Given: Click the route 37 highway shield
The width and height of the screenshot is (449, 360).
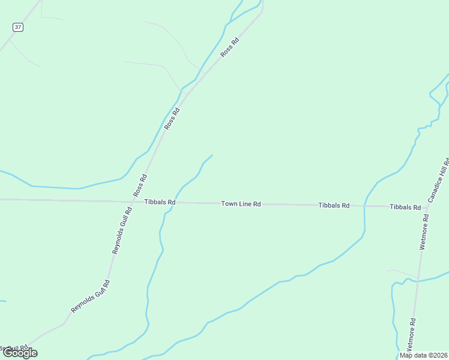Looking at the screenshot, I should click(19, 27).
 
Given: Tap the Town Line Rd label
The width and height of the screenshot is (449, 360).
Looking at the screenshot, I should click(241, 204).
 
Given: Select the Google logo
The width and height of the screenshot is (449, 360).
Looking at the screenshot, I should click(20, 353).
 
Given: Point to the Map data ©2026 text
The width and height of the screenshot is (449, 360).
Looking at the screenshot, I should click(424, 355).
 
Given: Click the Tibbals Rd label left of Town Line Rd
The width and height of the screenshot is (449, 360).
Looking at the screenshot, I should click(160, 202).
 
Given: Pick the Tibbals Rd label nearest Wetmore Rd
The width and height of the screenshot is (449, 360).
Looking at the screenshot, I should click(405, 206).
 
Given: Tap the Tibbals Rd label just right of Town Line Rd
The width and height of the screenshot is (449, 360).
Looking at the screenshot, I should click(334, 205).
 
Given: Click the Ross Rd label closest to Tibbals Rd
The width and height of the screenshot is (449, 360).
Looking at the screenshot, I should click(140, 186).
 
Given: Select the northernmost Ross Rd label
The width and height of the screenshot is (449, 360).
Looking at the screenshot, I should click(229, 47).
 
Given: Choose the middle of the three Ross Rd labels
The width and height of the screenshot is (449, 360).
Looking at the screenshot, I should click(172, 119).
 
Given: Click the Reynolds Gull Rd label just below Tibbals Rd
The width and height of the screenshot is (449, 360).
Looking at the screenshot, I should click(121, 230).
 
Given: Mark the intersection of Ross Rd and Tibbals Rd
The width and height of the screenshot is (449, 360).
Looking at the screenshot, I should click(135, 202).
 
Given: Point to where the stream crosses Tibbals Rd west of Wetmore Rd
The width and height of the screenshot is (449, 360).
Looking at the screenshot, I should click(364, 206).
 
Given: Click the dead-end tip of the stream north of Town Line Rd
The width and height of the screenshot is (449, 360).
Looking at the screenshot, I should click(212, 155).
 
